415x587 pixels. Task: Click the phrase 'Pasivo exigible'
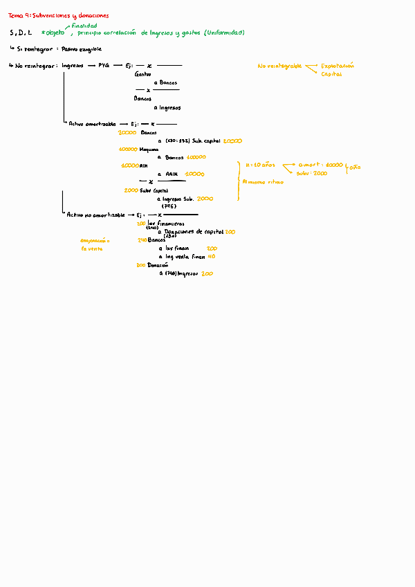[82, 49]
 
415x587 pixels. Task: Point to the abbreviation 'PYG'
[104, 66]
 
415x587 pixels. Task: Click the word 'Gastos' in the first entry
[142, 74]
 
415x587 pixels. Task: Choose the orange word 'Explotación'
[338, 66]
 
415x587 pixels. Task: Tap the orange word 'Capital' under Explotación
[331, 74]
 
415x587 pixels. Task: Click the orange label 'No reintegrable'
[279, 66]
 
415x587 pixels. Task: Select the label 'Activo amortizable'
[92, 123]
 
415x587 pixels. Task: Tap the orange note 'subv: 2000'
[312, 174]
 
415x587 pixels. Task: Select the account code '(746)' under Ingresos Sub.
[168, 206]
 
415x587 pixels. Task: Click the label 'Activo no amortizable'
[95, 215]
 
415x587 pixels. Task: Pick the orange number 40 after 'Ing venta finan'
[212, 255]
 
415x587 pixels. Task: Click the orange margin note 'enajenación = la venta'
[94, 244]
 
